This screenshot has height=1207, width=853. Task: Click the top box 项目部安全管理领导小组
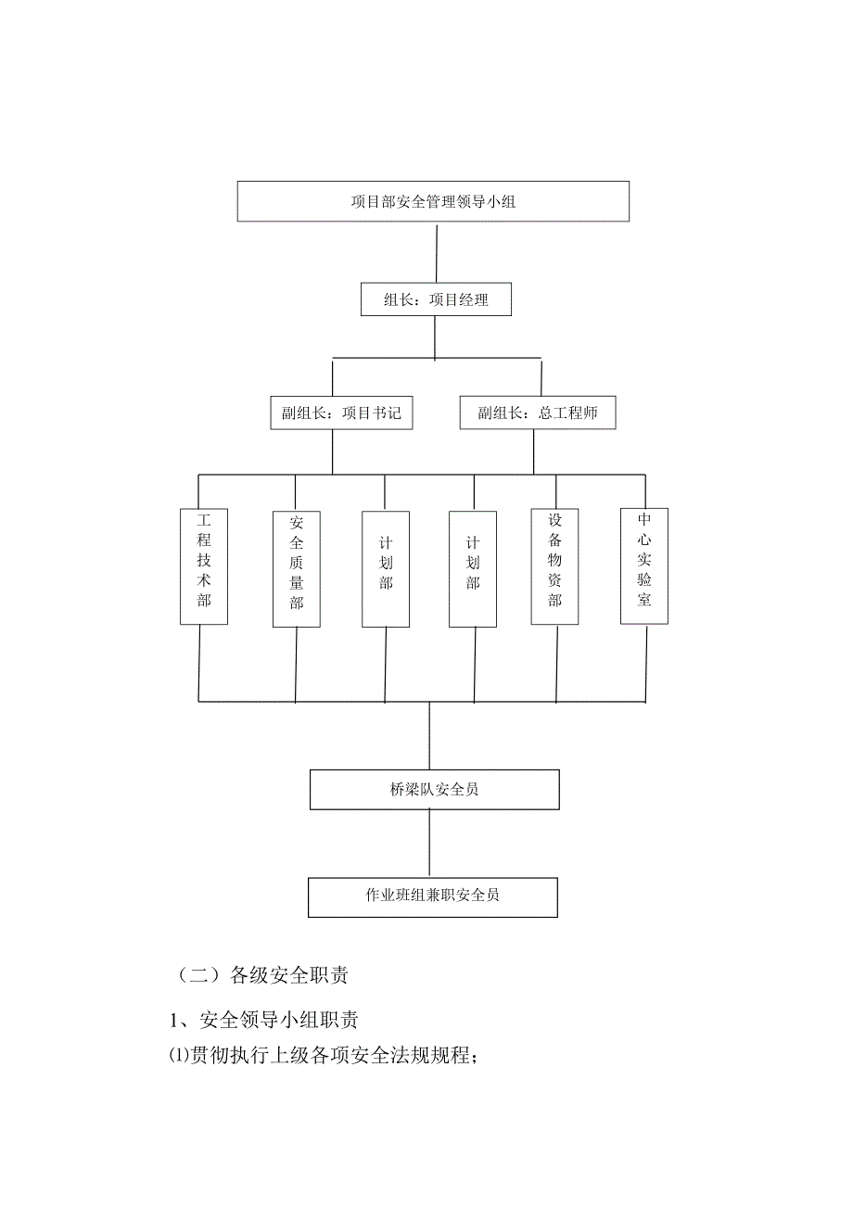[x=433, y=201]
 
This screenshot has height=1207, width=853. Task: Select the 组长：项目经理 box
[x=436, y=300]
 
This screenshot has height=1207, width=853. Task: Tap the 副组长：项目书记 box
[x=342, y=413]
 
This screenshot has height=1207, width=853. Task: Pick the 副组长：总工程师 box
[x=538, y=413]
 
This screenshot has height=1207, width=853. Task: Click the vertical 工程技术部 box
[x=203, y=565]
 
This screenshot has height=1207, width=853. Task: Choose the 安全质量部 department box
[x=297, y=568]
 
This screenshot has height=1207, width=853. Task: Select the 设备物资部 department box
[x=554, y=565]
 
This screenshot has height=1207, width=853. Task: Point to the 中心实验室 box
[x=644, y=565]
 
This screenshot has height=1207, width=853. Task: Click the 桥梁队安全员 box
[x=434, y=790]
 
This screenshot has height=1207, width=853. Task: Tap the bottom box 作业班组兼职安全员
[x=432, y=896]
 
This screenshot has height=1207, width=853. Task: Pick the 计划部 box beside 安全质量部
[x=386, y=568]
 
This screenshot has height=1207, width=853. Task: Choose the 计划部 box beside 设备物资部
[x=473, y=568]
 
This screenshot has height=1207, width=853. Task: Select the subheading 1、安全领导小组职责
[x=264, y=1021]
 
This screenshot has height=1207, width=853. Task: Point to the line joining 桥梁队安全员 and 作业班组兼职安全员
[x=429, y=844]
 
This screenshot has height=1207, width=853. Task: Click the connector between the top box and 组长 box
[x=436, y=253]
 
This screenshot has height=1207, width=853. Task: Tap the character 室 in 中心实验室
[x=644, y=600]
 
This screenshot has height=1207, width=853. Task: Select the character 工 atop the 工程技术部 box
[x=203, y=519]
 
